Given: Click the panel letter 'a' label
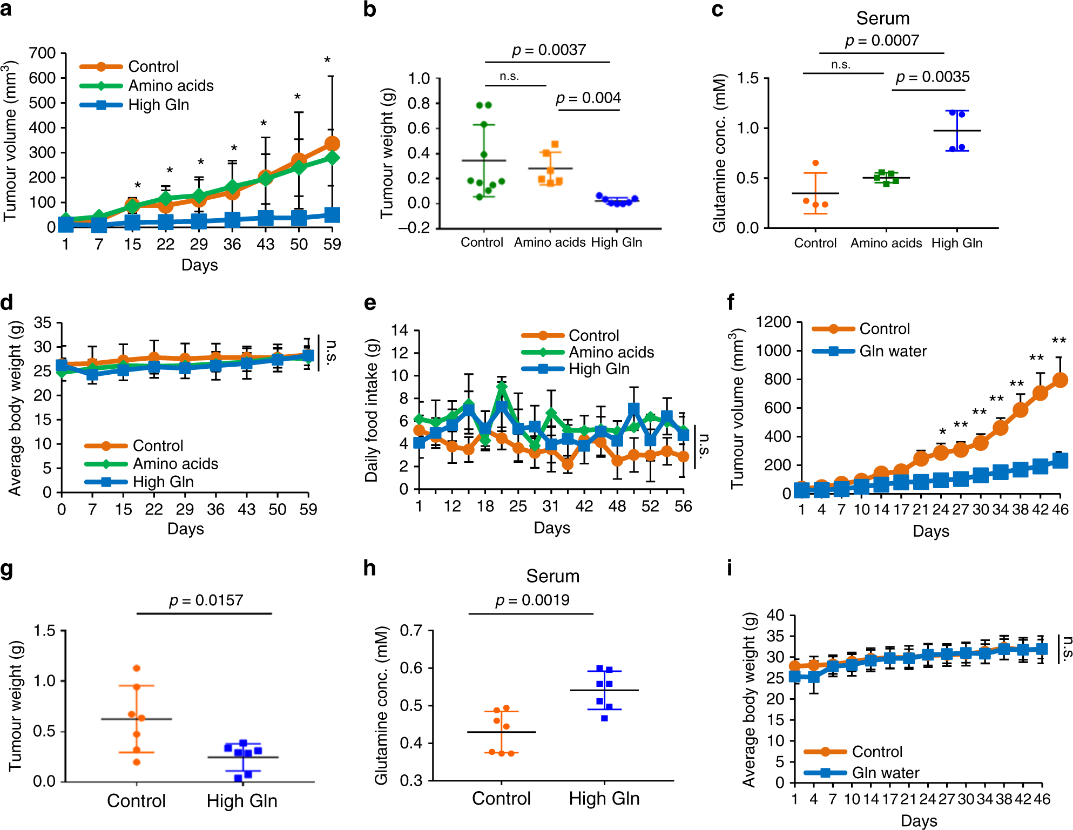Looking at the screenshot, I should (x=6, y=9).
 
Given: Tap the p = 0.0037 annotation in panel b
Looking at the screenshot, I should (x=549, y=50).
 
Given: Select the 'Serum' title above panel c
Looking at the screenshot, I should (x=882, y=18).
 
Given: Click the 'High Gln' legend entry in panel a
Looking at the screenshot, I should (x=158, y=105).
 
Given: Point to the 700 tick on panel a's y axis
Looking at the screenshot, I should (x=42, y=53).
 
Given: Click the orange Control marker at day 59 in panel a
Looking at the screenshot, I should (x=332, y=144).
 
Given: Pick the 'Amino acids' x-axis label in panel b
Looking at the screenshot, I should (x=549, y=242).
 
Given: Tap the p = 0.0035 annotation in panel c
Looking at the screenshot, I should (x=933, y=77).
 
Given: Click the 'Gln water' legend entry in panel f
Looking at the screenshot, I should (x=893, y=352).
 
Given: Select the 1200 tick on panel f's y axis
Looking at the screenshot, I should (x=773, y=322).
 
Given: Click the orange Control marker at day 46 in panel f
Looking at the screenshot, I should (x=1060, y=380).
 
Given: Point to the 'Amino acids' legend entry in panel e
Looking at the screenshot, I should (x=611, y=353).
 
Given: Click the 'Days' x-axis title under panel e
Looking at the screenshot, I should (x=552, y=528).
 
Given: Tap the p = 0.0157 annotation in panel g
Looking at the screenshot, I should (x=206, y=600).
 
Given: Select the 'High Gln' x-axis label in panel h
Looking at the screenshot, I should (x=604, y=799).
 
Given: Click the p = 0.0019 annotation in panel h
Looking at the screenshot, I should (x=532, y=600).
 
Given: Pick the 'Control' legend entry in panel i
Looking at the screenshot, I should (x=877, y=752).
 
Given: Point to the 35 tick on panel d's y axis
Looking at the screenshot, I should (x=43, y=323).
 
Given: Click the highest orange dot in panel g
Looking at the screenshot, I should (x=137, y=669).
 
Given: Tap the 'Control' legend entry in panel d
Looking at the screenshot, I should (x=158, y=446).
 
